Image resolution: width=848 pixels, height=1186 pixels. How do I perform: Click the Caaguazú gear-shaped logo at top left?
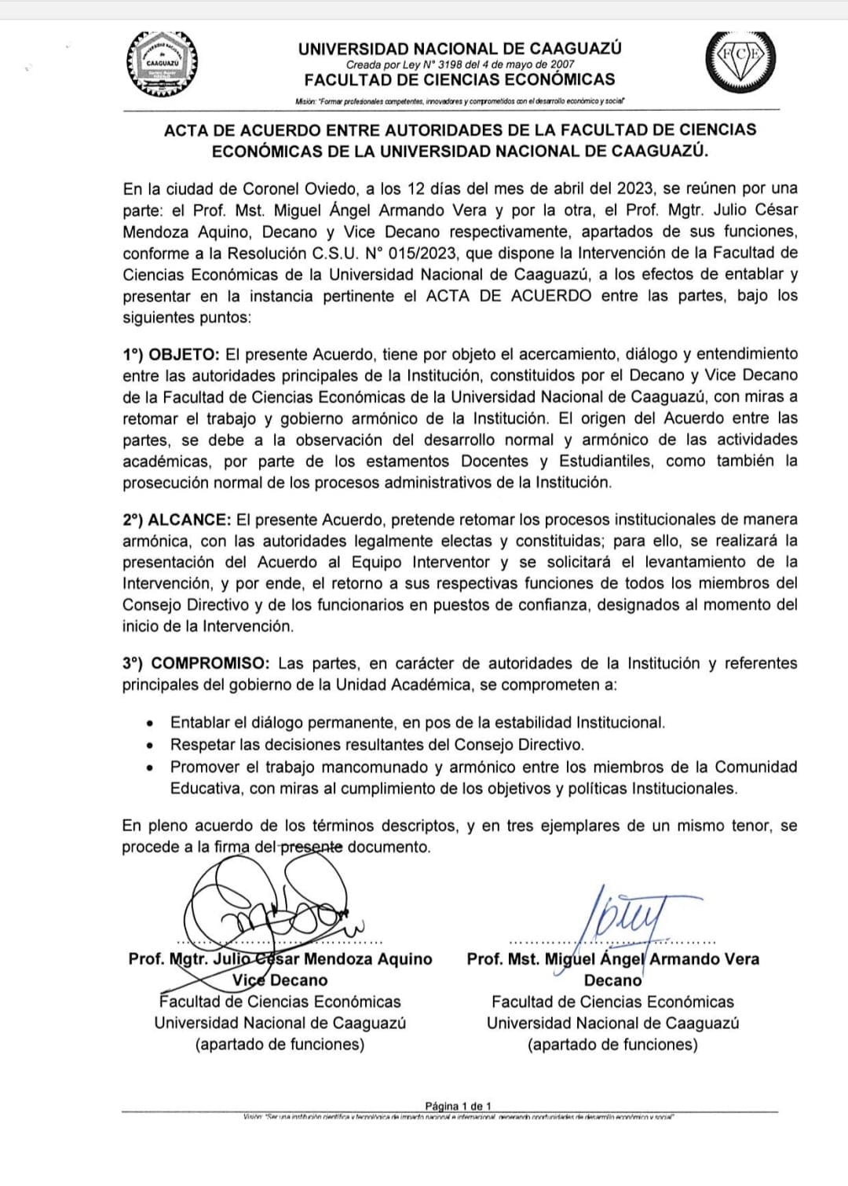[x=163, y=65]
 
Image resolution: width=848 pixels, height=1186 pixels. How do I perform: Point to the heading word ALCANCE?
[x=189, y=520]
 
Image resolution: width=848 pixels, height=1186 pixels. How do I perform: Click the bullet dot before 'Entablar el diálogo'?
[x=150, y=723]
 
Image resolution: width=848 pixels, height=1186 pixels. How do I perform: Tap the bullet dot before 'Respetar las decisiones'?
[x=150, y=745]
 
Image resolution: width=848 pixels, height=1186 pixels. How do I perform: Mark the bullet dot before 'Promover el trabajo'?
[x=150, y=767]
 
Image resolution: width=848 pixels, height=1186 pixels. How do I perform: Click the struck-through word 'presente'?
[x=312, y=847]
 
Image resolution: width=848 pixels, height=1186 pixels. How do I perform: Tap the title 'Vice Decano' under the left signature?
[x=280, y=980]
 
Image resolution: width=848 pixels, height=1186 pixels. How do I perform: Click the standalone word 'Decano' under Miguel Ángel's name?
[x=612, y=980]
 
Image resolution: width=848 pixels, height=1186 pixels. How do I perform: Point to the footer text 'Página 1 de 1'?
[x=459, y=1106]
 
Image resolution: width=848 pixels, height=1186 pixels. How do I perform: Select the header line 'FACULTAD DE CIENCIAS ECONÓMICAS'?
[x=459, y=79]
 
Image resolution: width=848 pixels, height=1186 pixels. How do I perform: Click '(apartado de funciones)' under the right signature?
[x=612, y=1045]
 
